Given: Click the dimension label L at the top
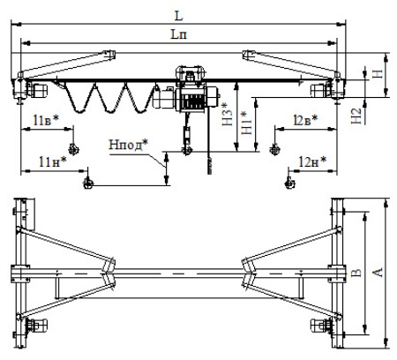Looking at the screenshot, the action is pos(179,16).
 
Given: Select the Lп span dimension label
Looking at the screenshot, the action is pos(179,34).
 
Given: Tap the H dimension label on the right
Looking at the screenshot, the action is pos(378,74).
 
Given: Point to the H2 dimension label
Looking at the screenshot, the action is pos(356,116).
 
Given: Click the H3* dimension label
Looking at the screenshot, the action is pos(227,114).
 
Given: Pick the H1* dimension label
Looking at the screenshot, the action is pos(246,123).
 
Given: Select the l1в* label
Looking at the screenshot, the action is pos(46,120).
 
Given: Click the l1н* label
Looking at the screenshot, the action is pos(53,161).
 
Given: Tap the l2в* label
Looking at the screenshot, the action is pos(305,120).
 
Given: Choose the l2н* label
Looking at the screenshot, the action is pos(312,161).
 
